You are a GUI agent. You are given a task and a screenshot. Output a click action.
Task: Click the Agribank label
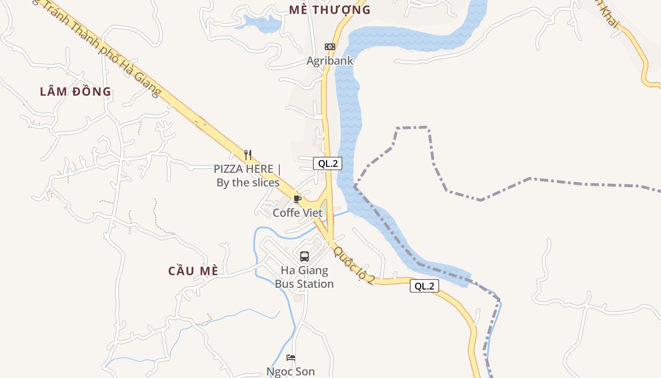tap(330, 61)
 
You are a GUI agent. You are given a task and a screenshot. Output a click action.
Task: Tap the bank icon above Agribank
tap(330, 47)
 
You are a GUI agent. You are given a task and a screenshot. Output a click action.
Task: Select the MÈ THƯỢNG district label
tap(330, 10)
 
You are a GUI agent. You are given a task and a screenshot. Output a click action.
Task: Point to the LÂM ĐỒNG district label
tap(76, 92)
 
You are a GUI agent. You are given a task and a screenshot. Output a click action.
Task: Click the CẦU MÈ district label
tap(194, 271)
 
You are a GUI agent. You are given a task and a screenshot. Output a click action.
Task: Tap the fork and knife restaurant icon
tap(248, 155)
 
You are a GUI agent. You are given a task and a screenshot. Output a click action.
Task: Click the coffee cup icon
tap(297, 199)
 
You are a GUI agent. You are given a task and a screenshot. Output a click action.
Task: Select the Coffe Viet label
tap(297, 213)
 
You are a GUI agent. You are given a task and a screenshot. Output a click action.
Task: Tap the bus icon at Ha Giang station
tap(305, 257)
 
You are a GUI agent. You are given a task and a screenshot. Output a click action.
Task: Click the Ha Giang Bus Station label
tap(305, 277)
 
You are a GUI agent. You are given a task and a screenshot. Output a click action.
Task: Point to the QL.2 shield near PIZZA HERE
tap(327, 163)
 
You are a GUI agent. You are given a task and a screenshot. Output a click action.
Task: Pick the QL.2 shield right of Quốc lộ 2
tap(424, 286)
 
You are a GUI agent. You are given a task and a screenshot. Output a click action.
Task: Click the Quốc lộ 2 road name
tap(354, 265)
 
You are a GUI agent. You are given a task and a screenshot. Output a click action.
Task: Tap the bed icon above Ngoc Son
tap(291, 358)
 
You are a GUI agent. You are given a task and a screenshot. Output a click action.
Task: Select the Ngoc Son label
tap(291, 371)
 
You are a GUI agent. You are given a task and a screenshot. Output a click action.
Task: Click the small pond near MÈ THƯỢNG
tap(263, 23)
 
